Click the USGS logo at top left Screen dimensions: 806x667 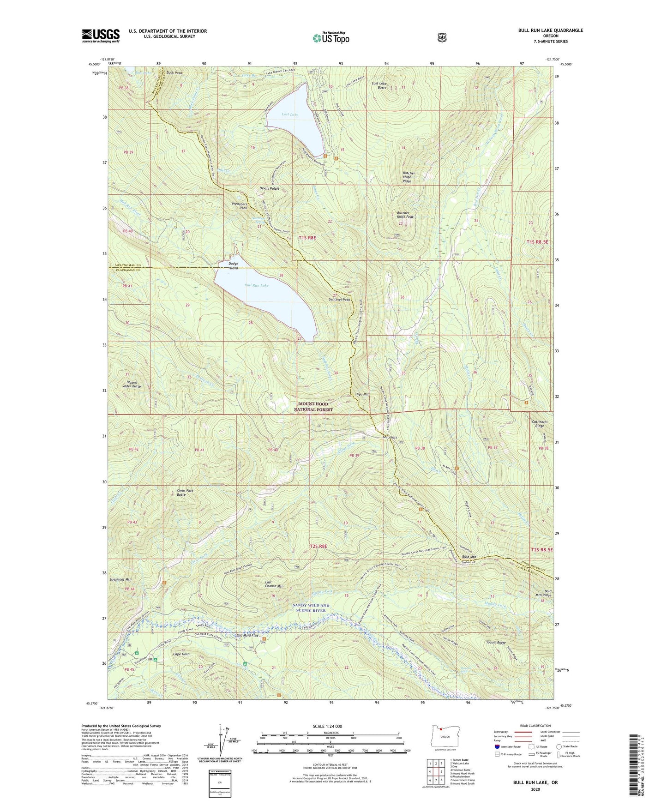point(101,36)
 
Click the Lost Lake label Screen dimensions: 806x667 point(290,114)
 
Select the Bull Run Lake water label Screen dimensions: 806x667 point(256,285)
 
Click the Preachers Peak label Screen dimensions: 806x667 point(240,206)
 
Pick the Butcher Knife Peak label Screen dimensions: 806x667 point(405,215)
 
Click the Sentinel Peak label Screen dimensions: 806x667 point(339,300)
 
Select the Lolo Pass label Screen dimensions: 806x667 point(390,437)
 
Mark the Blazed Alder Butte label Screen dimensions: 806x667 point(132,384)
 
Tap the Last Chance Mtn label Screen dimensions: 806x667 point(274,584)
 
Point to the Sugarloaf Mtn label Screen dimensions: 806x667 point(120,579)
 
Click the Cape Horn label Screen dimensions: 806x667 point(181,654)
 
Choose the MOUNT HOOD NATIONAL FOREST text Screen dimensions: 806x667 point(313,407)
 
